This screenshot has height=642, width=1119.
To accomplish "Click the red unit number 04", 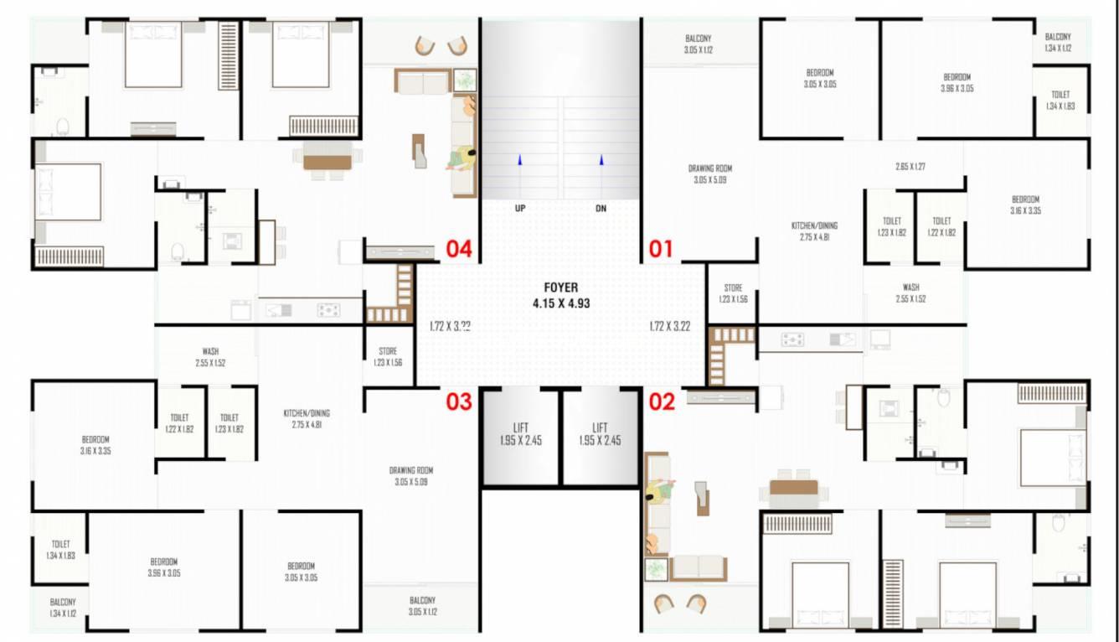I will (459, 248).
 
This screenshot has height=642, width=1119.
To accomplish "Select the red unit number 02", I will (662, 402).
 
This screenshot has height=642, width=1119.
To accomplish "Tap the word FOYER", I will (561, 287).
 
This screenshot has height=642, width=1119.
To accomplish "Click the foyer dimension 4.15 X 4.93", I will (561, 303).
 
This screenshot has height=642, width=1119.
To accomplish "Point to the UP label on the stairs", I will (520, 209).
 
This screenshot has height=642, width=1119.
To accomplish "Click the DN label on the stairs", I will (601, 209).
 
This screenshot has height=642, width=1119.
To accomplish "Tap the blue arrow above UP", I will (520, 159).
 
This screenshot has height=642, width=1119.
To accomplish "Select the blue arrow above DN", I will (601, 159).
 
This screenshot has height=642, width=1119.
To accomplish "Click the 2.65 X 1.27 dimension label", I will (910, 167).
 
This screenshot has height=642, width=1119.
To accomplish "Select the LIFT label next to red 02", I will (600, 427).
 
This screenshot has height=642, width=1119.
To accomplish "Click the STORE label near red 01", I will (733, 287).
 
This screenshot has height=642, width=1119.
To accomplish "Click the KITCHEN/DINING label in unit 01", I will (814, 225).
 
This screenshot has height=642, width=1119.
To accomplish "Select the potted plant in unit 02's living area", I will (656, 570).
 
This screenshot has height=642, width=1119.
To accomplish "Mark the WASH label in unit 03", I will (211, 351).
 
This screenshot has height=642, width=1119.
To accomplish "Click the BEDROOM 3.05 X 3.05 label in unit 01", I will (820, 73).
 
